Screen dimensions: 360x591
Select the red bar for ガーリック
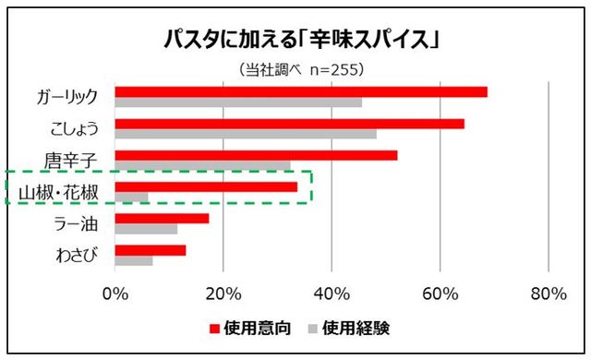[x=301, y=91]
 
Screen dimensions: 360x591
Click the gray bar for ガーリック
[x=238, y=102]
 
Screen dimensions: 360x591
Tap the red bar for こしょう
[x=290, y=123]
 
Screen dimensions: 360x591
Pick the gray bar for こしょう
[x=246, y=134]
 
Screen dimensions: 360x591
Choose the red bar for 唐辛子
[x=256, y=155]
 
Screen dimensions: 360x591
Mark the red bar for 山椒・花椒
[x=206, y=186]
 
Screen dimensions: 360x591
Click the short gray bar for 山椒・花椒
[x=131, y=197]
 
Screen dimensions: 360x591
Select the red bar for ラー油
[x=162, y=219]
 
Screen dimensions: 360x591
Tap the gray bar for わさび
[x=134, y=260]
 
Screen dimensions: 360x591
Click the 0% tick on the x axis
[x=115, y=294]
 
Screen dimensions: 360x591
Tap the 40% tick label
[x=332, y=294]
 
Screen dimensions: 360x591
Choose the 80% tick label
[x=549, y=294]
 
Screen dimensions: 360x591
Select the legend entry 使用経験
[x=361, y=327]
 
